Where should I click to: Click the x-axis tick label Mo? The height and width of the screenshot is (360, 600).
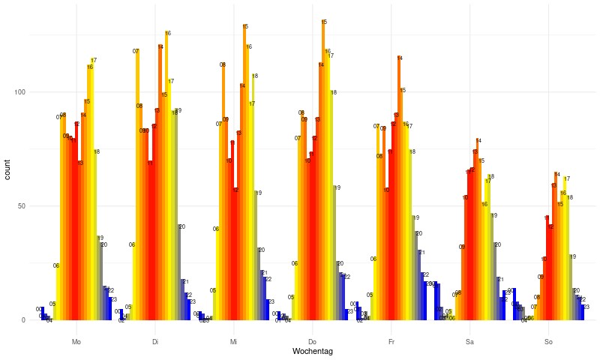click(76, 342)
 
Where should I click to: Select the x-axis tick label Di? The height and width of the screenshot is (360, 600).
click(154, 342)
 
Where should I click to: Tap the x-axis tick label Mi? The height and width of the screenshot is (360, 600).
click(233, 342)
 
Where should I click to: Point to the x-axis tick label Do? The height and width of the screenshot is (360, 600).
click(312, 342)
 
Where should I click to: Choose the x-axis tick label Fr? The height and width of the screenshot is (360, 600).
click(391, 342)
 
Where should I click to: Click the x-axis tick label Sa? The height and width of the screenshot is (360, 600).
click(469, 342)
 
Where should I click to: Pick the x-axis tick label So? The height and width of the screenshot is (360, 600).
click(548, 342)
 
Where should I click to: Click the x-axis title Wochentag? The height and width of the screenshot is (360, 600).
click(312, 352)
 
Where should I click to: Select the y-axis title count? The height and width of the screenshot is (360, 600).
click(8, 175)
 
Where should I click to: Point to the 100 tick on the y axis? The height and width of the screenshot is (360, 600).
click(19, 92)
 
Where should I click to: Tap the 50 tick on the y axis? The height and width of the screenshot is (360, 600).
click(22, 206)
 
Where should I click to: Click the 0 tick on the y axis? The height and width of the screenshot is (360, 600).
click(24, 320)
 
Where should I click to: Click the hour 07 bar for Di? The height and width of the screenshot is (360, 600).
click(137, 187)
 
